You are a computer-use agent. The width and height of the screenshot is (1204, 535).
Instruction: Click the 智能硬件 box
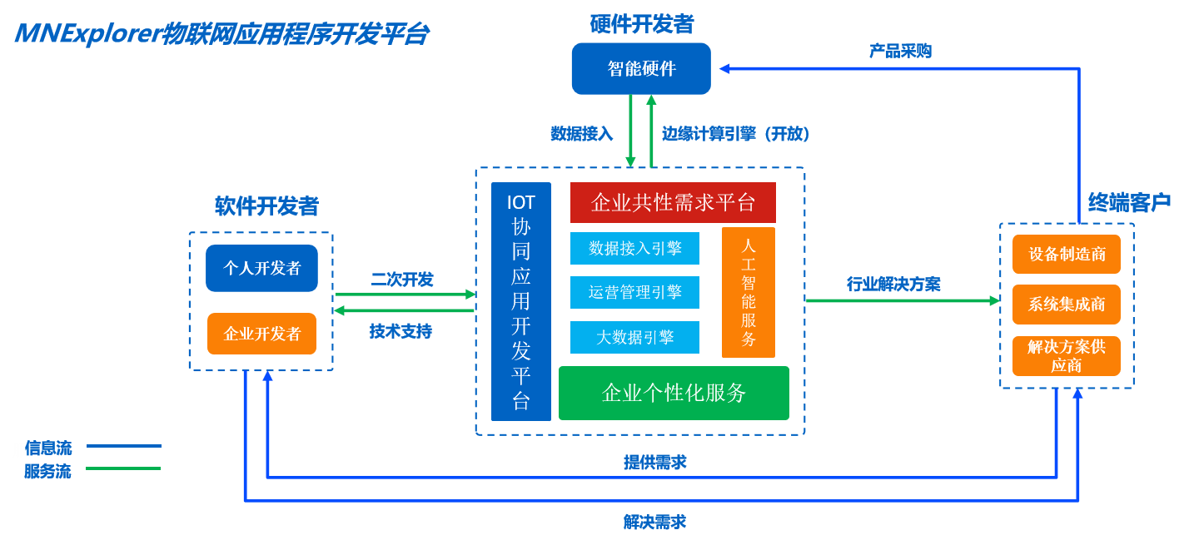tap(641, 68)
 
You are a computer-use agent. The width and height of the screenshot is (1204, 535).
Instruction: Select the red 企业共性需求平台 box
tap(673, 203)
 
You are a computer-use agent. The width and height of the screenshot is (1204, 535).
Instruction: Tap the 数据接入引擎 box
tap(634, 248)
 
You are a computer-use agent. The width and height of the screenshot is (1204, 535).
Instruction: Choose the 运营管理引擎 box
tap(634, 292)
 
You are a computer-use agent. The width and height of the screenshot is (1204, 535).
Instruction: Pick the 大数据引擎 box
tap(634, 337)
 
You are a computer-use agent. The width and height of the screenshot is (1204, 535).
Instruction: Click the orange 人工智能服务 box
tap(748, 292)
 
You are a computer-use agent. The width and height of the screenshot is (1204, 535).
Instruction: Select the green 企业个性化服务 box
tap(673, 393)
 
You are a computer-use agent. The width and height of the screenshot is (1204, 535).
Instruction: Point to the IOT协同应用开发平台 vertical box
tap(520, 301)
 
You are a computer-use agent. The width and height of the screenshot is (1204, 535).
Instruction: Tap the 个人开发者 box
tap(261, 268)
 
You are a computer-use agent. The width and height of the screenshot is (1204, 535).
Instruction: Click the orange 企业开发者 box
tap(261, 334)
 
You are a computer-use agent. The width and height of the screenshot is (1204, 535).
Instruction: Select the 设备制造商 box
tap(1066, 254)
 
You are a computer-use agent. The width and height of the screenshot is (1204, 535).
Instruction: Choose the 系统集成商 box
tap(1066, 305)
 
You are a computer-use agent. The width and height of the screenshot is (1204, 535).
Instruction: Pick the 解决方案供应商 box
tap(1066, 356)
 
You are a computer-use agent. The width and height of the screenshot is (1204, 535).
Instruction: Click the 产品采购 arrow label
tap(900, 52)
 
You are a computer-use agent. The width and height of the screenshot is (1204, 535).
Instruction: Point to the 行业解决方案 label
tap(893, 285)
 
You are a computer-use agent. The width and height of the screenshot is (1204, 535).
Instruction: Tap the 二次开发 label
tap(402, 280)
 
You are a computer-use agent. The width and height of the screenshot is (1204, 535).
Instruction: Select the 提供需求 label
tap(655, 463)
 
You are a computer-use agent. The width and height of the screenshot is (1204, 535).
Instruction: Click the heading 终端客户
tap(1129, 202)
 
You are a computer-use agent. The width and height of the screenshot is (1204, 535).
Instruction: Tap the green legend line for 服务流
tap(123, 468)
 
